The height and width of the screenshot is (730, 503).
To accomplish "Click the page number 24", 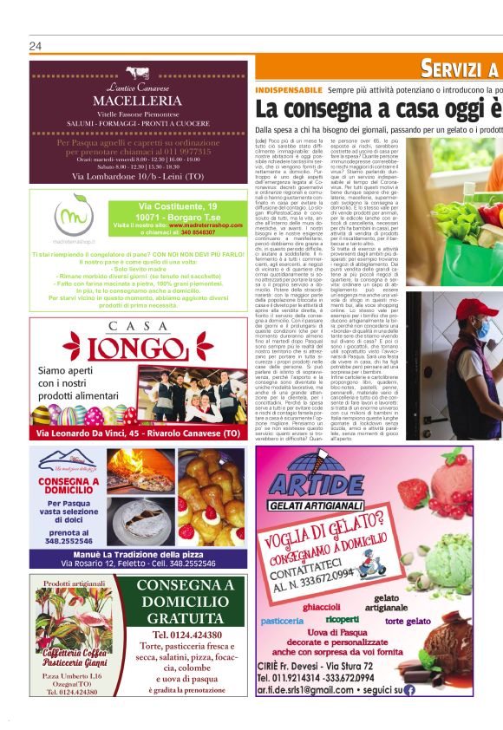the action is pyautogui.click(x=36, y=46).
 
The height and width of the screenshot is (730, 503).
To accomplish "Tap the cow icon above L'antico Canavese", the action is pyautogui.click(x=138, y=74).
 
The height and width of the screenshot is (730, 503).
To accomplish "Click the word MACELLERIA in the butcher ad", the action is pyautogui.click(x=137, y=102).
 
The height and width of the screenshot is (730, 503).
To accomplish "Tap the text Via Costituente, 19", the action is pyautogui.click(x=178, y=205).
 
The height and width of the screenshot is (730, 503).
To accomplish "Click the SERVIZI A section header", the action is pyautogui.click(x=459, y=69).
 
